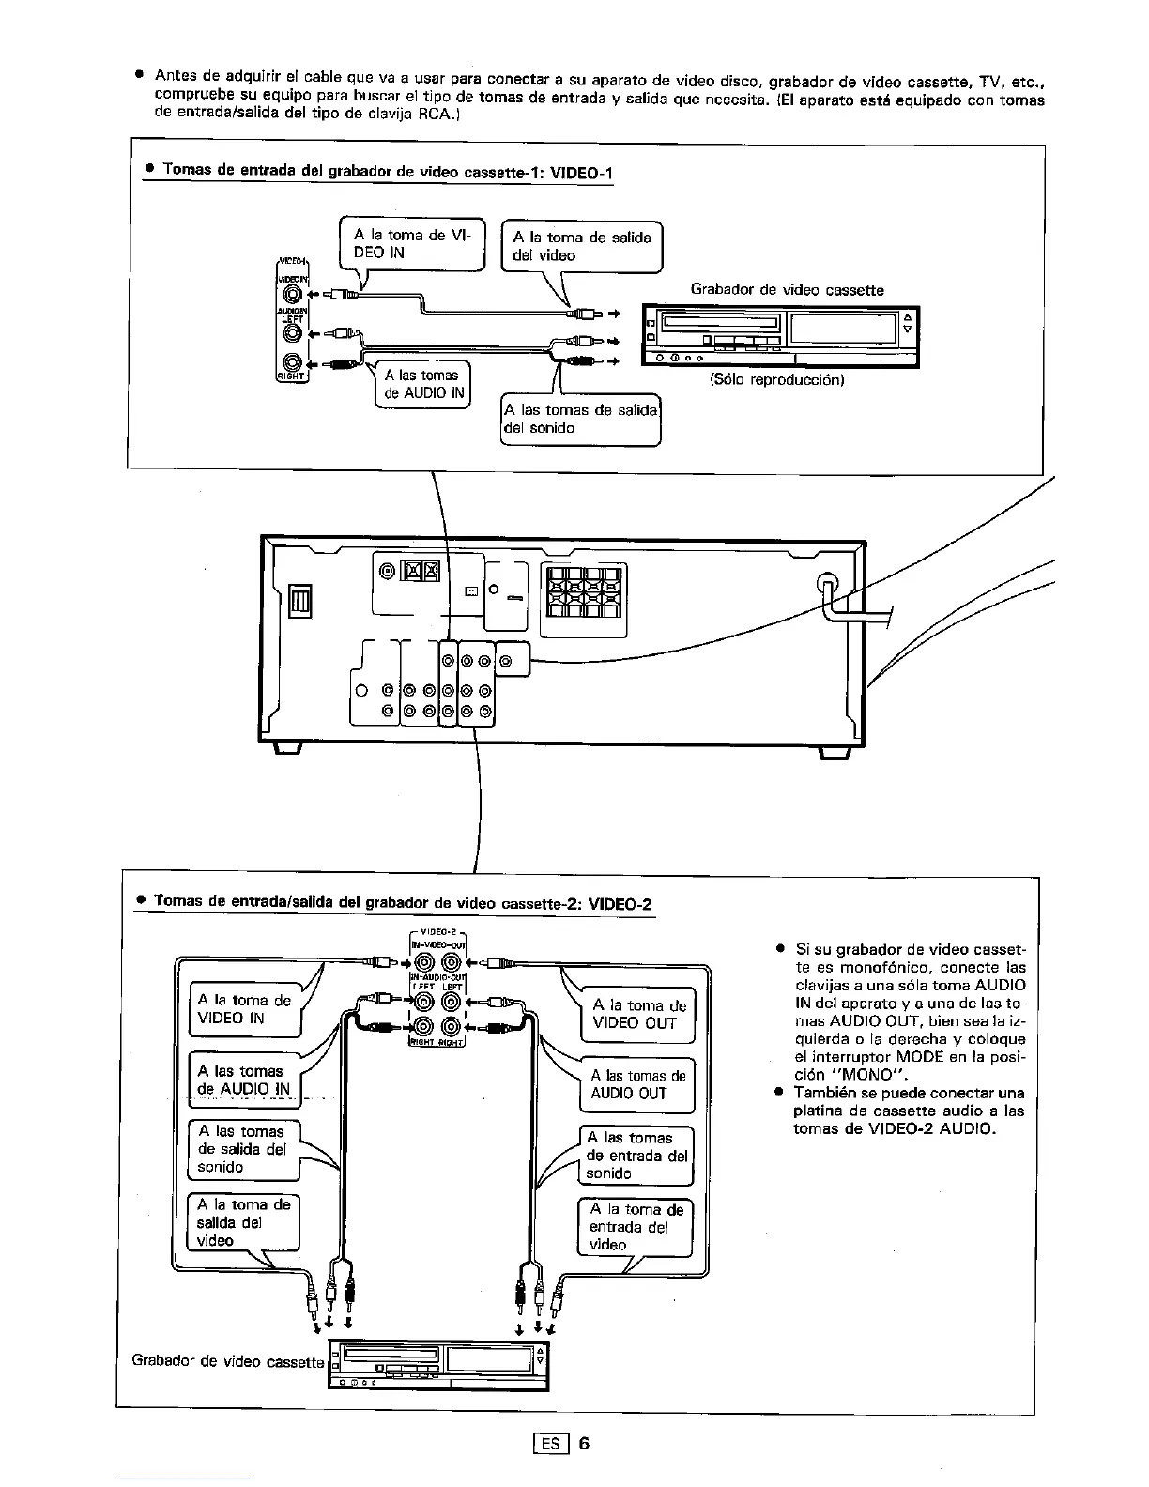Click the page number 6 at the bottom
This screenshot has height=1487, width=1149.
pyautogui.click(x=583, y=1443)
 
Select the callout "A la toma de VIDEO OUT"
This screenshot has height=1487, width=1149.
pyautogui.click(x=639, y=1015)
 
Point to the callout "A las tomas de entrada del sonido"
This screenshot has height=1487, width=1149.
pyautogui.click(x=636, y=1156)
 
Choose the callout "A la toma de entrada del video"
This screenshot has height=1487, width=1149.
pyautogui.click(x=635, y=1227)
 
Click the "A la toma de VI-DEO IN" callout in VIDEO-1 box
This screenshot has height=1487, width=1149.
pyautogui.click(x=412, y=244)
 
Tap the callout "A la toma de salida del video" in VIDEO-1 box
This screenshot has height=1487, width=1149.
pyautogui.click(x=582, y=246)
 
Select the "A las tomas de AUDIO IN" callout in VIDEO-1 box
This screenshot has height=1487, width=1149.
pyautogui.click(x=421, y=384)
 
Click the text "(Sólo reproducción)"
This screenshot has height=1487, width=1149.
pyautogui.click(x=777, y=380)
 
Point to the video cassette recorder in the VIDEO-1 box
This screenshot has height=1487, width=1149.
pyautogui.click(x=780, y=336)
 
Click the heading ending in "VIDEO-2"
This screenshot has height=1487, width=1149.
pyautogui.click(x=403, y=903)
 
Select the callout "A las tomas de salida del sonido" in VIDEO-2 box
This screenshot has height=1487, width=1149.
pyautogui.click(x=243, y=1149)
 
